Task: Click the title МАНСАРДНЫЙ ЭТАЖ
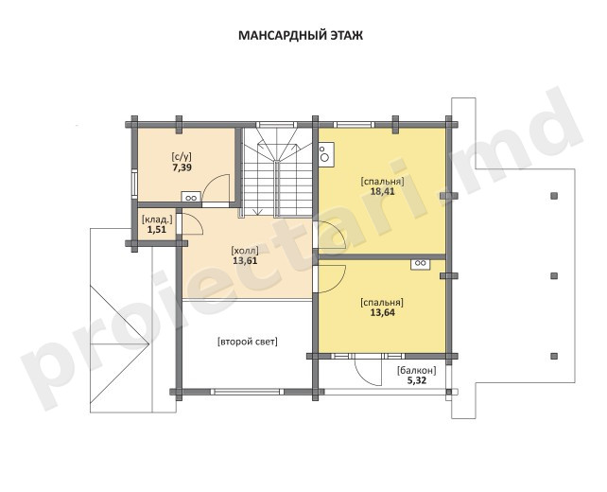pos(301,35)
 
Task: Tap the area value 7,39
pos(182,167)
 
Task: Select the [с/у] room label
pos(182,157)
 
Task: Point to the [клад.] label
pos(157,220)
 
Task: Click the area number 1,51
pos(156,229)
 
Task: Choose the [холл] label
pos(245,250)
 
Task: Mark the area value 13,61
pos(245,260)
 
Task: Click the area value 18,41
pos(383,191)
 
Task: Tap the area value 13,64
pos(383,312)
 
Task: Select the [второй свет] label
pos(248,343)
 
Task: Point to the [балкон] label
pos(417,370)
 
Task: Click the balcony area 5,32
pos(417,380)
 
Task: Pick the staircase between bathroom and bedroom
pos(277,171)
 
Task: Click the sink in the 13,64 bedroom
pos(421,263)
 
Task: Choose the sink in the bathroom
pos(191,197)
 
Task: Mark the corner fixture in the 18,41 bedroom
pos(326,154)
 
